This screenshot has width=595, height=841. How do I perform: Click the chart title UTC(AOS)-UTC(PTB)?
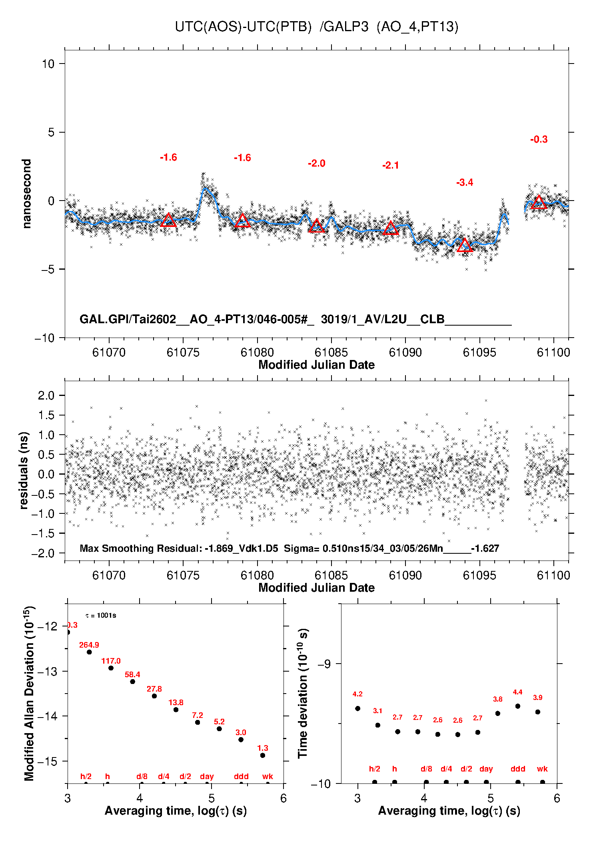[x=243, y=27]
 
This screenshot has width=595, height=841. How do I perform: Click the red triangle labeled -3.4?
[x=465, y=246]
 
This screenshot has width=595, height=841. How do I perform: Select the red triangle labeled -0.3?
[x=539, y=203]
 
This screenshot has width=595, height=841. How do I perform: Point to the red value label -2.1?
[x=390, y=165]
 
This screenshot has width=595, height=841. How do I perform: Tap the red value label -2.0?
[x=316, y=163]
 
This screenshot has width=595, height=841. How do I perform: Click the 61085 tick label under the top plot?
[x=331, y=352]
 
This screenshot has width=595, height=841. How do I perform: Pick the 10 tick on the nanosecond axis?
[x=48, y=64]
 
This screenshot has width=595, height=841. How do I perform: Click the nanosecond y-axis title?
[x=26, y=194]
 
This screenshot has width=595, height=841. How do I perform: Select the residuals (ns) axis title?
[x=24, y=470]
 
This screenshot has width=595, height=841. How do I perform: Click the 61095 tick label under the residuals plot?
[x=479, y=575]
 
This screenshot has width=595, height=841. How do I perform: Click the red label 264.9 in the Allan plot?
[x=89, y=645]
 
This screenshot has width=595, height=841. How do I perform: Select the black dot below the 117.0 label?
[x=111, y=668]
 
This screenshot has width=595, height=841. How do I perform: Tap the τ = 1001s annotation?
[x=101, y=615]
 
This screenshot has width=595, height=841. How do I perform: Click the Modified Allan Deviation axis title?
[x=29, y=693]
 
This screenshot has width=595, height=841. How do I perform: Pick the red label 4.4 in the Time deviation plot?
[x=517, y=692]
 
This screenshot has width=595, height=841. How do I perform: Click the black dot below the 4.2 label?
[x=357, y=708]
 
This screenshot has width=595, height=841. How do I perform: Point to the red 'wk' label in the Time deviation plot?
[x=542, y=769]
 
